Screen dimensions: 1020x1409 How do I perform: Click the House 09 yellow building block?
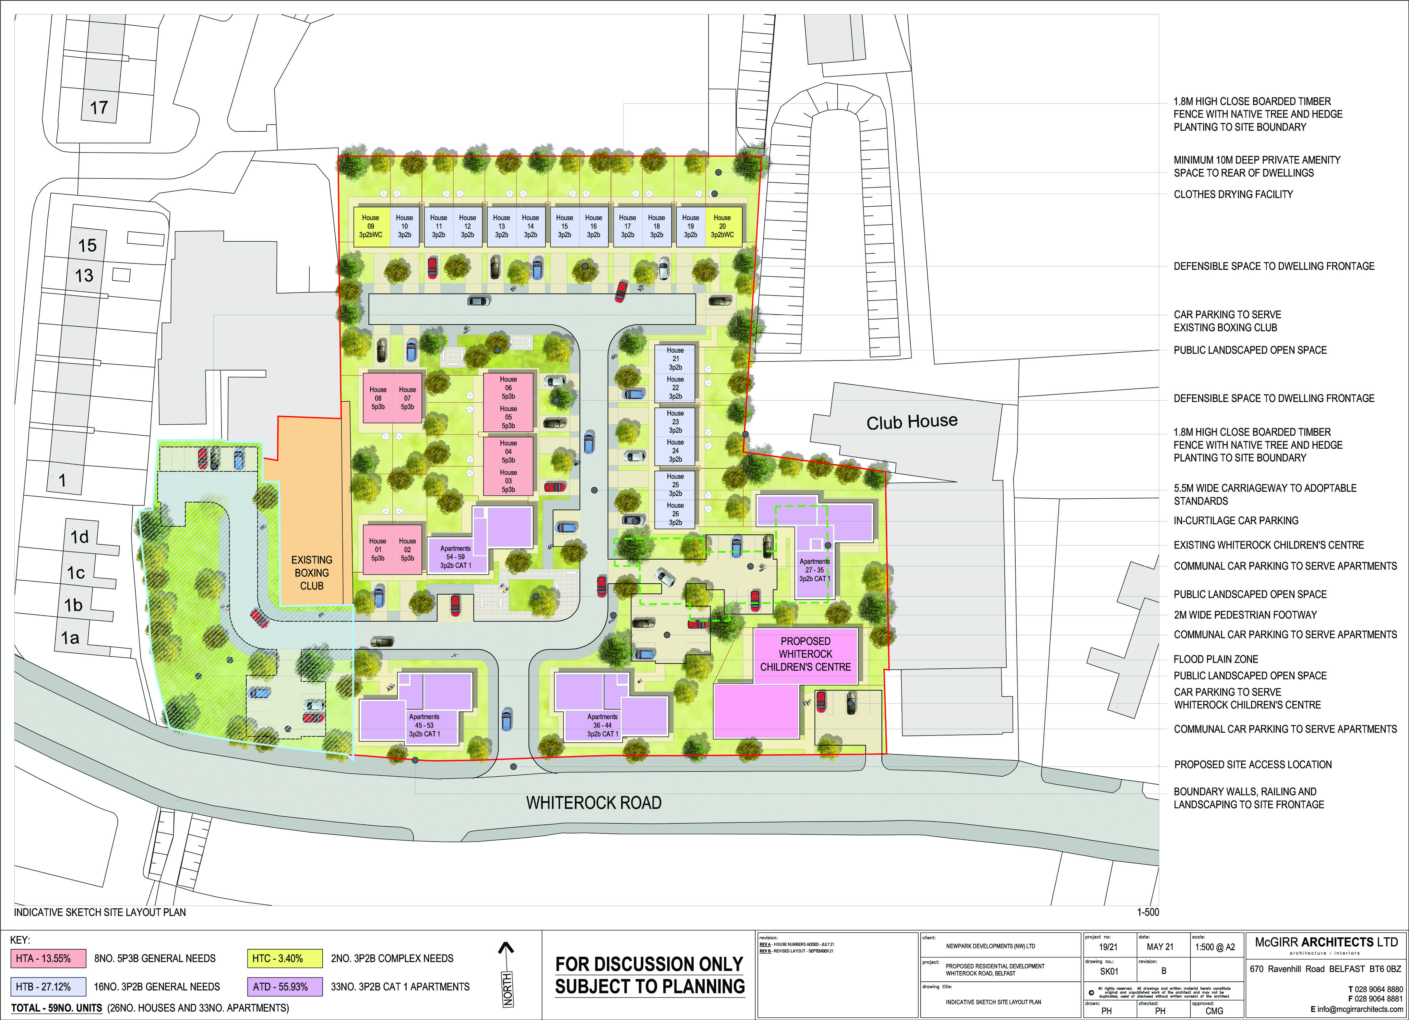click(371, 226)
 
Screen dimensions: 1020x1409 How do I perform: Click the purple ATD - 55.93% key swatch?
click(286, 987)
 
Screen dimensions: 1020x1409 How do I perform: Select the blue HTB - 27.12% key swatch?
click(43, 987)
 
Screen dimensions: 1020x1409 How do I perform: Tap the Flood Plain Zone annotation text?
click(1215, 659)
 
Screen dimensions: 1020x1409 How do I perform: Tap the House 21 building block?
click(675, 358)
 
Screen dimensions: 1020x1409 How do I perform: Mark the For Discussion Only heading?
click(649, 964)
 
